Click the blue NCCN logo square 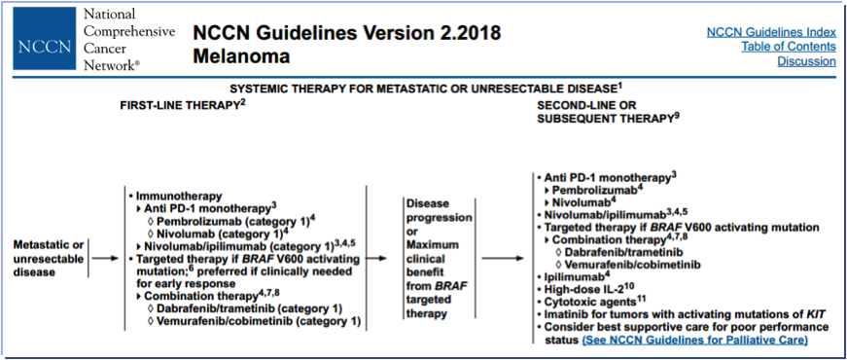click(45, 38)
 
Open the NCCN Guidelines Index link click(771, 32)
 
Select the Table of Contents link click(789, 47)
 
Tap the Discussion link click(806, 61)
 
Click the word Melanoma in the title click(241, 55)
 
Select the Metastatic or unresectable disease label click(48, 259)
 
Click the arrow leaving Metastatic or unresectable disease click(105, 259)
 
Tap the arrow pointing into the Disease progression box click(380, 259)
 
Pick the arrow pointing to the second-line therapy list click(503, 259)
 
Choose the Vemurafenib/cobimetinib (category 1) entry click(259, 322)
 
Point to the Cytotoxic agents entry click(595, 301)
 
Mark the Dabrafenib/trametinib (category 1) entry click(250, 309)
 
